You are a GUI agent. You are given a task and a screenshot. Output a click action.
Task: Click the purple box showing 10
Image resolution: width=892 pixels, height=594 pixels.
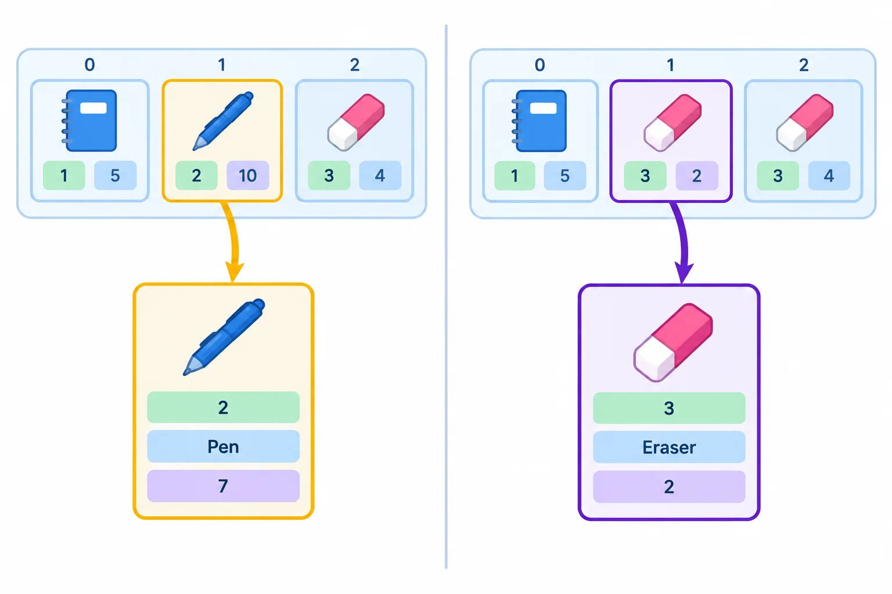pyautogui.click(x=248, y=175)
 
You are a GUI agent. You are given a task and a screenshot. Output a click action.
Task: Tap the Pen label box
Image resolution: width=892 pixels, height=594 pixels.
pyautogui.click(x=223, y=447)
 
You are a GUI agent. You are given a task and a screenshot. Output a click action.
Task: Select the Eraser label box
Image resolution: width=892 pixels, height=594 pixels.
pyautogui.click(x=669, y=447)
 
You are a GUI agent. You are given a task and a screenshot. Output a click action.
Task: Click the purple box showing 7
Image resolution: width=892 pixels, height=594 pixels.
pyautogui.click(x=223, y=486)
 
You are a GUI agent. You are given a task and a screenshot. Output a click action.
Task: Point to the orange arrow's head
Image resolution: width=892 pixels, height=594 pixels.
pyautogui.click(x=234, y=272)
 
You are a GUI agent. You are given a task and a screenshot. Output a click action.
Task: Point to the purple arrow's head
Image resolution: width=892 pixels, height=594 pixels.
pyautogui.click(x=684, y=273)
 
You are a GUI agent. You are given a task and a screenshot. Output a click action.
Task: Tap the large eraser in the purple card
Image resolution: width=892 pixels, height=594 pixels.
pyautogui.click(x=673, y=342)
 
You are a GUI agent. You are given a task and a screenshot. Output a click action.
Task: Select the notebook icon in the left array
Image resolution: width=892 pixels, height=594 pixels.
pyautogui.click(x=89, y=121)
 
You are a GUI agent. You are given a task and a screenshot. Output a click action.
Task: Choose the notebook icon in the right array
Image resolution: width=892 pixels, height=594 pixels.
pyautogui.click(x=539, y=121)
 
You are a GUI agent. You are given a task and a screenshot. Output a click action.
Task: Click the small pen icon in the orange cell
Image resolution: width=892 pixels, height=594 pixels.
pyautogui.click(x=223, y=121)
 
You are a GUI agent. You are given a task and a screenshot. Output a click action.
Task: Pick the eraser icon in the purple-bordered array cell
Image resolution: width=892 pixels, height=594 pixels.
pyautogui.click(x=672, y=122)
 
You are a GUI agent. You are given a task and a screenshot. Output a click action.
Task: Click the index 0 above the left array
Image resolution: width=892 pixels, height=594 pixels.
pyautogui.click(x=89, y=64)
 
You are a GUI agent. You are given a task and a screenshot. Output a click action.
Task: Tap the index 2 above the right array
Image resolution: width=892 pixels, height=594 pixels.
pyautogui.click(x=804, y=65)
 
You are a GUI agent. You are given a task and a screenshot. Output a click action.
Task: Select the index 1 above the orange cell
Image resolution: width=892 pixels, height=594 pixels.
pyautogui.click(x=222, y=65)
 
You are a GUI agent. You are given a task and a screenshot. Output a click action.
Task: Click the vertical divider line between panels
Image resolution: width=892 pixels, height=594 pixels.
pyautogui.click(x=446, y=296)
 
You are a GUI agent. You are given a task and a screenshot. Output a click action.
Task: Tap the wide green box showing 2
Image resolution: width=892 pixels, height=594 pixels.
pyautogui.click(x=223, y=407)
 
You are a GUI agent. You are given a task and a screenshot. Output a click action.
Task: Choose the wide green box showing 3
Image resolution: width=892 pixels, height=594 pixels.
pyautogui.click(x=669, y=408)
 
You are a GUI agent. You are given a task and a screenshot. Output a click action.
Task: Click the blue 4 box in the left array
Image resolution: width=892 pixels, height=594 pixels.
pyautogui.click(x=380, y=175)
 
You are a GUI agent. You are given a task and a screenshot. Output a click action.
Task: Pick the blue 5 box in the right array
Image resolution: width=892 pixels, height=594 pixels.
pyautogui.click(x=564, y=176)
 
